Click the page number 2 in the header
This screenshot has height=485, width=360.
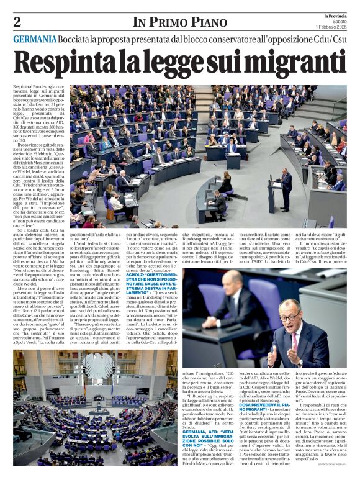point(17,22)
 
